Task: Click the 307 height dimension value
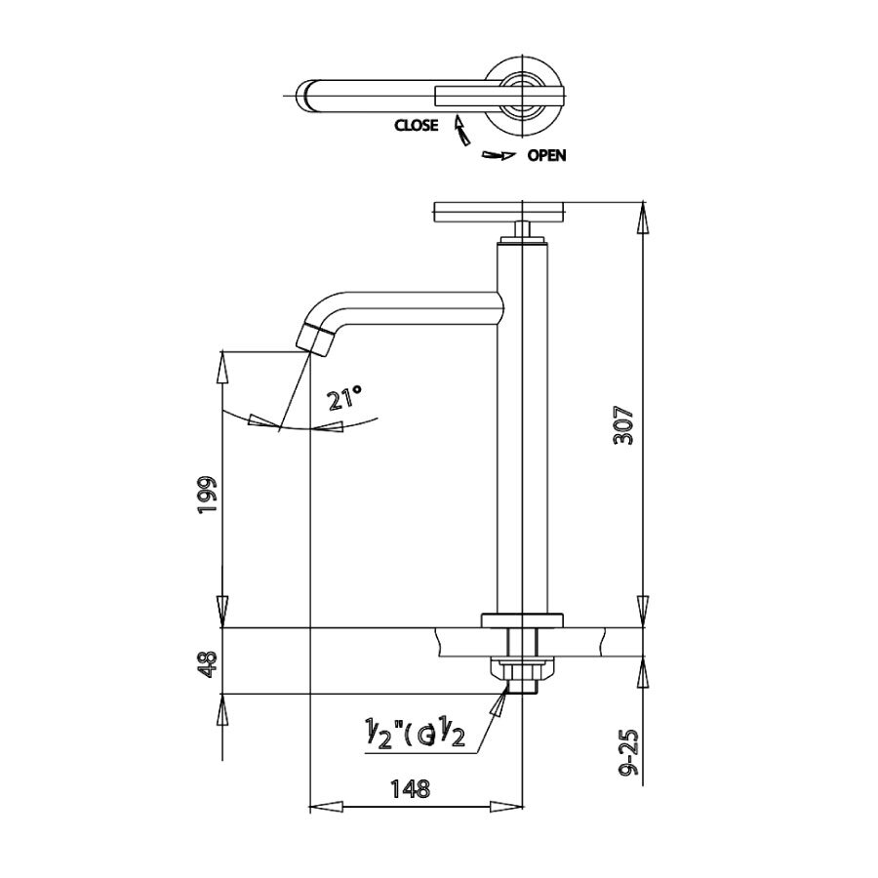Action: point(625,425)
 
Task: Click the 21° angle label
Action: point(344,398)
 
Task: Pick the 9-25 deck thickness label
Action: point(628,752)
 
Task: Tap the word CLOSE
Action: point(416,125)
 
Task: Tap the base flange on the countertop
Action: point(523,619)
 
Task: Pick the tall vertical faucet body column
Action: point(522,429)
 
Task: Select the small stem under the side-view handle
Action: point(522,232)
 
